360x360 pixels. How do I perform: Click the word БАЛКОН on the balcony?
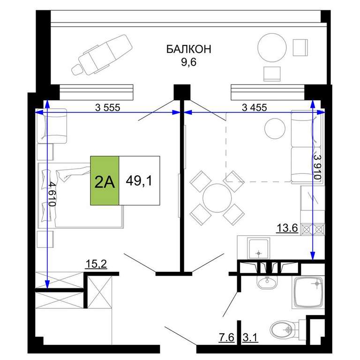[188, 49]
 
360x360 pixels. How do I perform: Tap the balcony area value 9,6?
[189, 62]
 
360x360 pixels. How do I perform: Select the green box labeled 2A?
[105, 180]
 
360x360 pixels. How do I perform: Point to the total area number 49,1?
[139, 181]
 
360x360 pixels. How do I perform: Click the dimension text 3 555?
[107, 107]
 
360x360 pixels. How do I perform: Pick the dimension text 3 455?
[255, 107]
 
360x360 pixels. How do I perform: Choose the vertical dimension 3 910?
[317, 167]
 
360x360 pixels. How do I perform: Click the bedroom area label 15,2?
[96, 264]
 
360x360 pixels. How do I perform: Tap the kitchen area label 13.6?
[287, 228]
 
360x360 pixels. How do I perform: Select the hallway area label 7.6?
[226, 337]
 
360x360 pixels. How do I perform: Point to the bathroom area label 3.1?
[250, 337]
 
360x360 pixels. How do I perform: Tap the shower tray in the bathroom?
[308, 292]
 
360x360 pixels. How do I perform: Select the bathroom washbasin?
[267, 282]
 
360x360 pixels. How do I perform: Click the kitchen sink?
[259, 249]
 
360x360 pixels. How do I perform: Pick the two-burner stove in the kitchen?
[313, 229]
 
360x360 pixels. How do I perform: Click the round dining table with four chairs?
[217, 198]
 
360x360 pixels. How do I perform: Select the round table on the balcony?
[272, 48]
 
